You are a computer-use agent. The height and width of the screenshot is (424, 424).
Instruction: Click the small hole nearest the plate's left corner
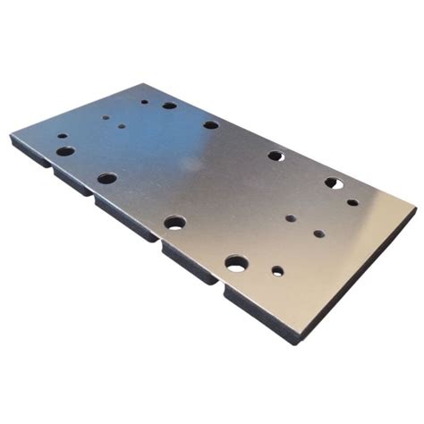[63, 137]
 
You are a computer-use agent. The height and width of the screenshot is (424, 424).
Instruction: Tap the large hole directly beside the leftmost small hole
[65, 151]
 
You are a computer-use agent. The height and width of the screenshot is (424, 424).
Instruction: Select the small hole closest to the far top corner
[144, 101]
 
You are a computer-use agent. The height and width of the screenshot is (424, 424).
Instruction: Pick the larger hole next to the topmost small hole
[169, 106]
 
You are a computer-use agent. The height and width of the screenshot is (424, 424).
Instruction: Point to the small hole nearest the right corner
[352, 202]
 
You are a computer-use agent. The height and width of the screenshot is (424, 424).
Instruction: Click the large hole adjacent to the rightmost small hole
[334, 183]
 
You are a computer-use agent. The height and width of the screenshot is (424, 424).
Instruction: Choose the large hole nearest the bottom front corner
[236, 263]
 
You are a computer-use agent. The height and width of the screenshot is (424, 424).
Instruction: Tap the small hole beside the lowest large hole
[277, 271]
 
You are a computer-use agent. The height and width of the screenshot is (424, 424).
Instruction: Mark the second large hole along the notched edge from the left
[107, 178]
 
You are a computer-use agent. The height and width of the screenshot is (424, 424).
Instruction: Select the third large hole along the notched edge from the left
[174, 222]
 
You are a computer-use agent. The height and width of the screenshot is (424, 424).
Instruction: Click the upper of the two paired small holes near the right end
[292, 217]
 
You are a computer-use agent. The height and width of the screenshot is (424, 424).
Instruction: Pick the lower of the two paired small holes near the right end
[318, 233]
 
